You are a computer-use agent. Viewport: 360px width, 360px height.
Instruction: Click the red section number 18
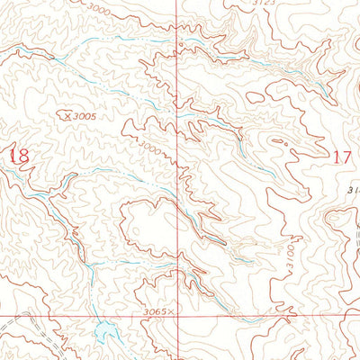point(19,155)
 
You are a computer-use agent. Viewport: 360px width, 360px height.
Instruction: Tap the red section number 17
point(341,157)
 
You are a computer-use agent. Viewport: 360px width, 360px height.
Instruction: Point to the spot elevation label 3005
point(85,115)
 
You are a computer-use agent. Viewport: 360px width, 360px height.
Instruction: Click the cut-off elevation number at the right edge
point(353,190)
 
